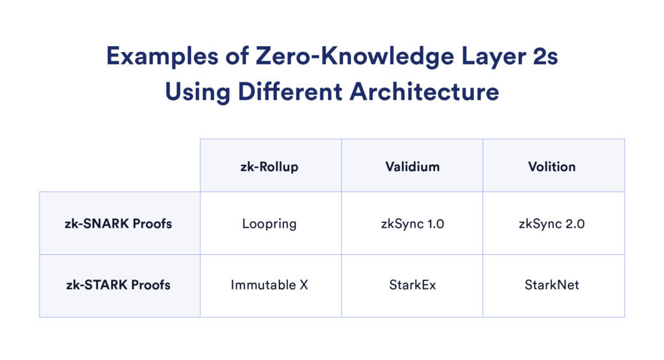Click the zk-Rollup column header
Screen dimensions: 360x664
coord(270,166)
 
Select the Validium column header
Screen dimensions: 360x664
coord(412,166)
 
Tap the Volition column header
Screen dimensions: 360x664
coord(552,166)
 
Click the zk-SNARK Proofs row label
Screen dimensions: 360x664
coord(120,224)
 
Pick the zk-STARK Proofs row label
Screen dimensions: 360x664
coord(120,285)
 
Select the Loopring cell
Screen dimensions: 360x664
coord(270,224)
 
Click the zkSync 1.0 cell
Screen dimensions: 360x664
coord(412,224)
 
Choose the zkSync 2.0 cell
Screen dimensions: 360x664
coord(552,224)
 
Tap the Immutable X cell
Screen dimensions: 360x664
coord(270,285)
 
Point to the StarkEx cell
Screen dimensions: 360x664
coord(412,285)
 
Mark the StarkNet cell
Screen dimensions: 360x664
coord(552,285)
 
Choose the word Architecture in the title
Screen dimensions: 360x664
coord(425,91)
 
